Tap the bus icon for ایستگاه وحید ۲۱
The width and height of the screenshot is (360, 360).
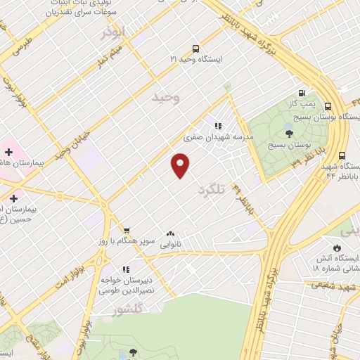[195, 49]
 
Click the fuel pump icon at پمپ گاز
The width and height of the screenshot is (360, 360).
[302, 92]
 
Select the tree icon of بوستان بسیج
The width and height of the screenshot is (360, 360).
[289, 132]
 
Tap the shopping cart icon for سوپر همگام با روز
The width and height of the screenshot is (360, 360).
[127, 231]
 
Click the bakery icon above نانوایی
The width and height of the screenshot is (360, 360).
[170, 233]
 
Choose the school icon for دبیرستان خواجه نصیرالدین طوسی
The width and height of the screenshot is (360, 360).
[126, 269]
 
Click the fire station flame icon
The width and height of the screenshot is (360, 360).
[337, 247]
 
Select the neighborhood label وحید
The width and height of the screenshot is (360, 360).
[166, 98]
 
